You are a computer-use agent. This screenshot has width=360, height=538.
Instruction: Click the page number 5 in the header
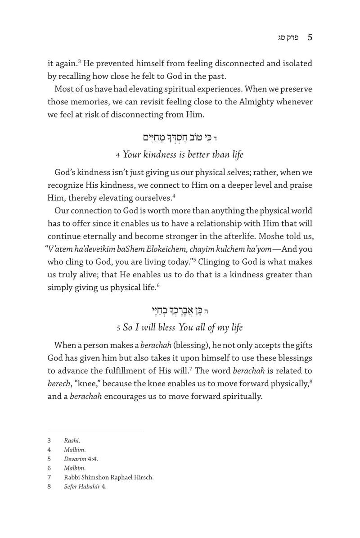click(x=310, y=39)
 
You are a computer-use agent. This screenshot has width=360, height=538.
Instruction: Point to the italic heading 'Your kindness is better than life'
click(x=180, y=154)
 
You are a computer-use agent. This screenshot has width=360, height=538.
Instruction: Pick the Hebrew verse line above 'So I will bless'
click(x=180, y=309)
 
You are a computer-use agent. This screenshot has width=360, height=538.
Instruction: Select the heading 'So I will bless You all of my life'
click(x=180, y=327)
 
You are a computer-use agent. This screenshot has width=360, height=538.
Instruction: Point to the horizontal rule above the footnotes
click(x=94, y=431)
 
